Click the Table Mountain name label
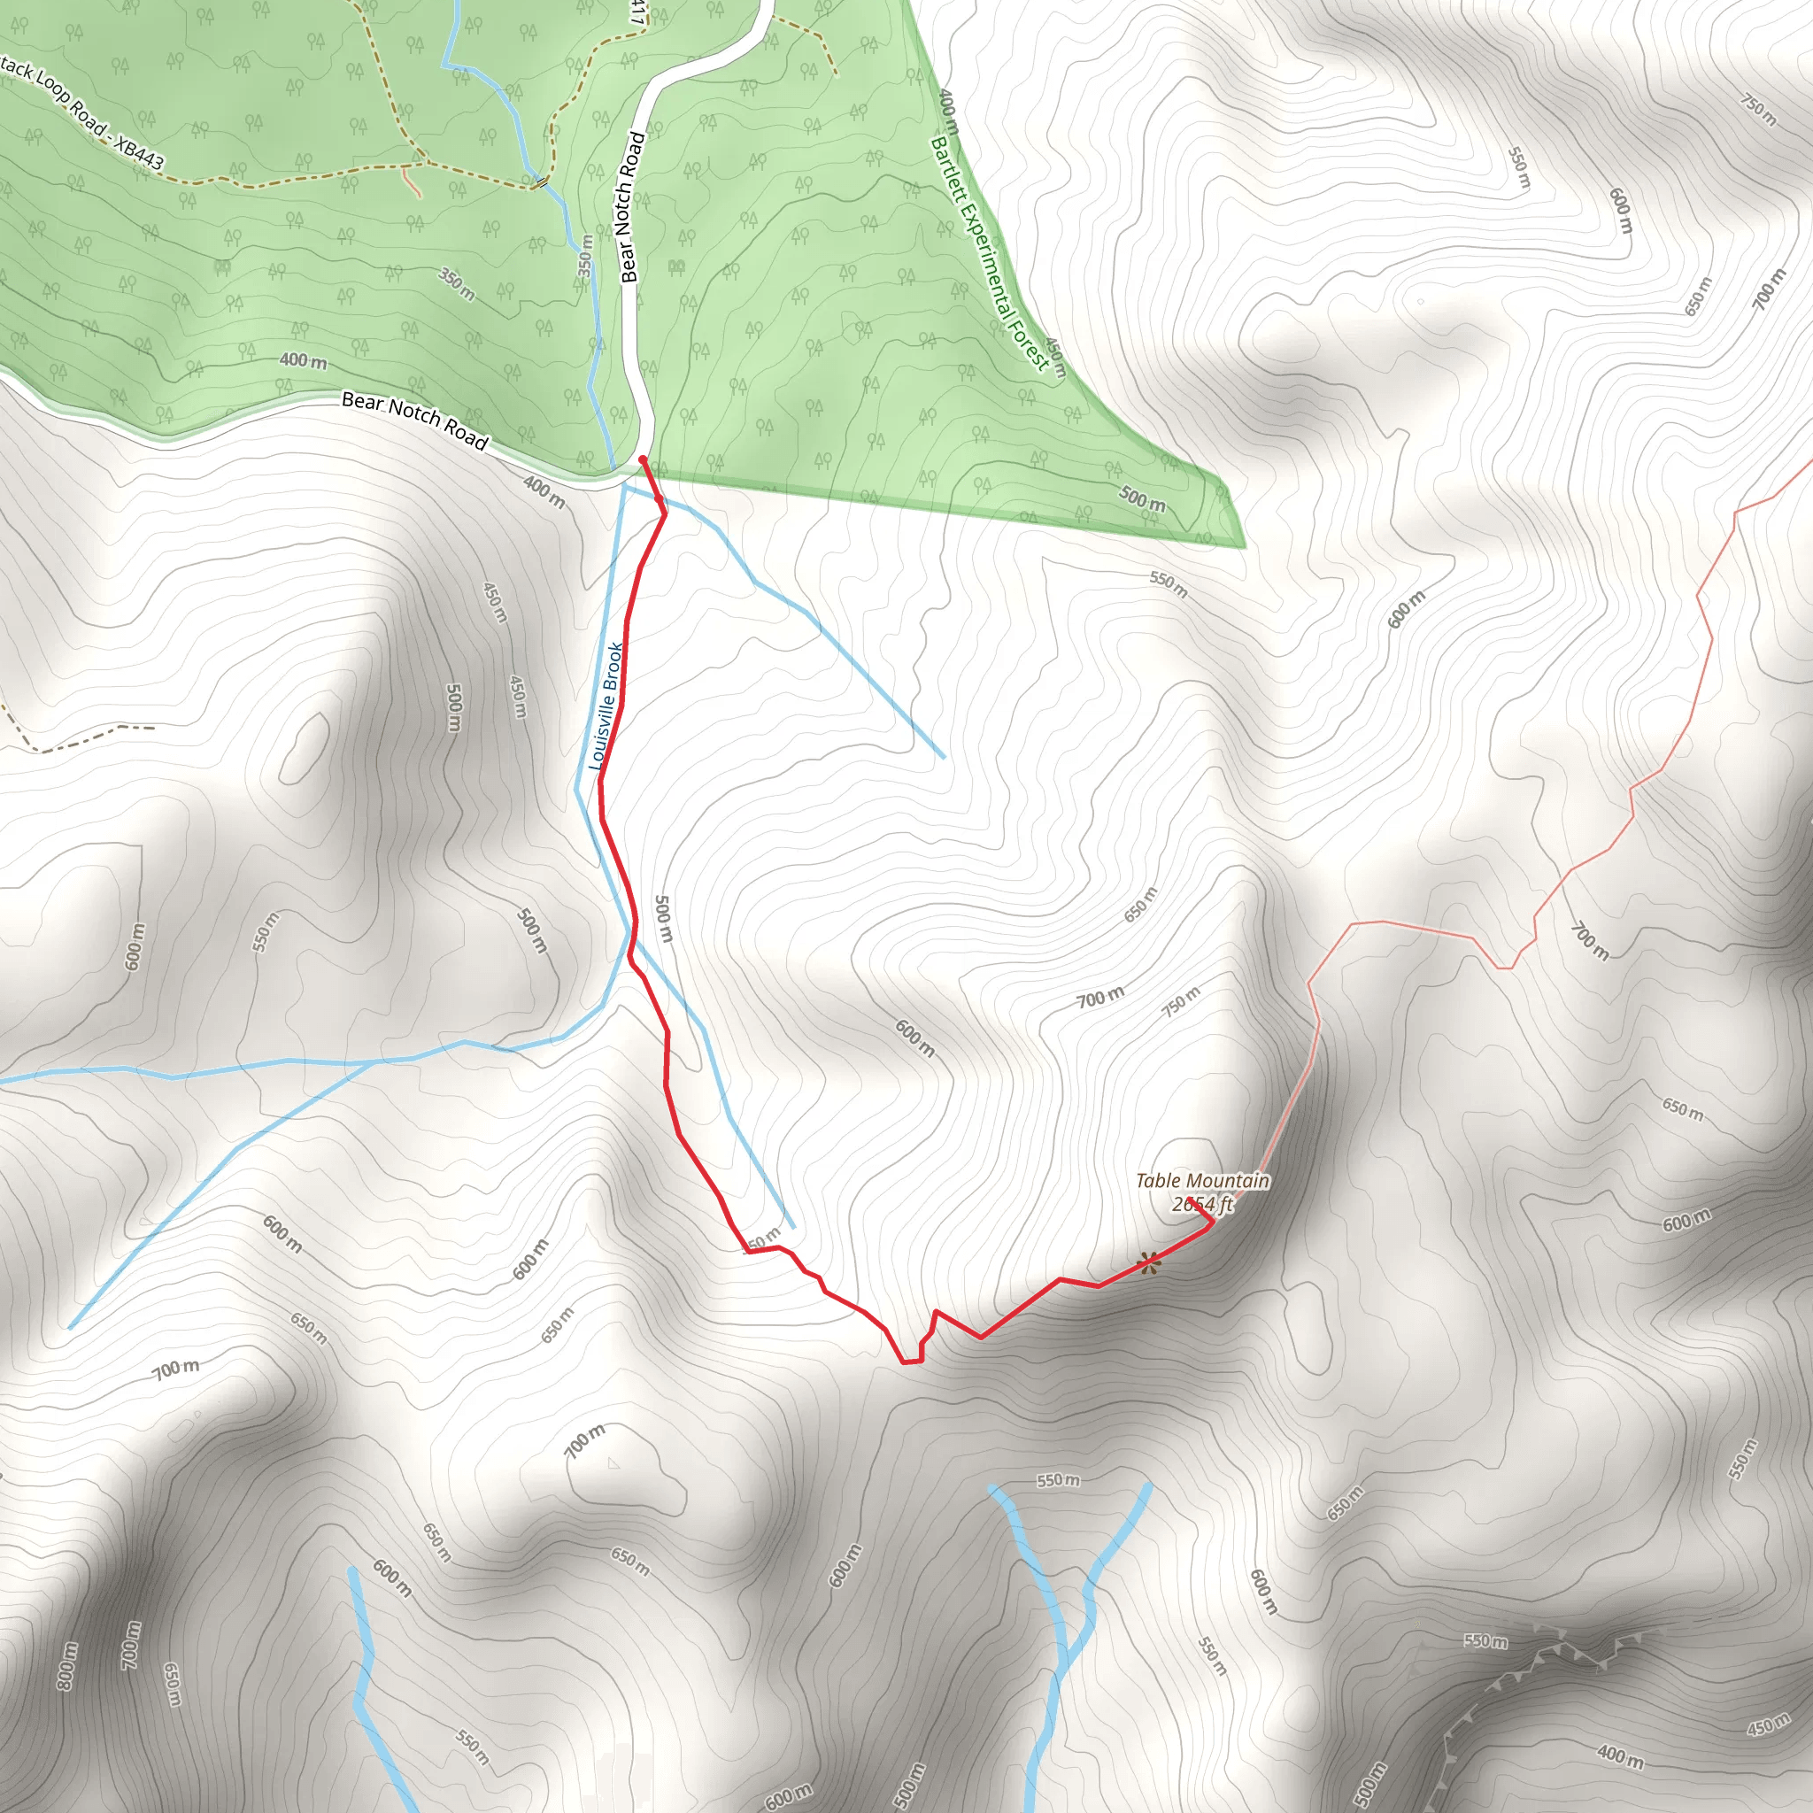(x=1202, y=1181)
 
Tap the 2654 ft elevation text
(x=1202, y=1204)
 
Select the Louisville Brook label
(x=606, y=706)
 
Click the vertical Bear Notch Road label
(x=630, y=207)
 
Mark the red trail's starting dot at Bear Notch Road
(x=642, y=459)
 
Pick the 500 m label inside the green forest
(x=1141, y=498)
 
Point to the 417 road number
(x=638, y=12)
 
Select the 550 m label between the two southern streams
(x=1058, y=1481)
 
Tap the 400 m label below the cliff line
(x=1620, y=1756)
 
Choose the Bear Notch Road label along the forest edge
(x=415, y=420)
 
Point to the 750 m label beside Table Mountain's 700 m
(x=1181, y=1002)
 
